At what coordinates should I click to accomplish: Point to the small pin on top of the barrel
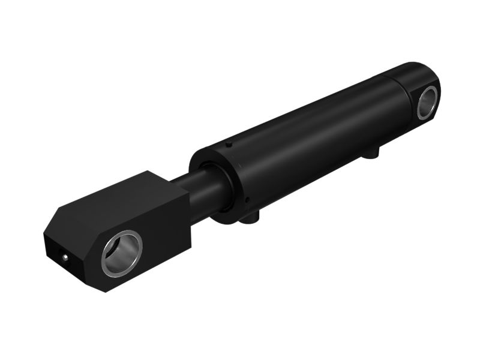(x=229, y=145)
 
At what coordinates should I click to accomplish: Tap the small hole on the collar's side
(x=246, y=199)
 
